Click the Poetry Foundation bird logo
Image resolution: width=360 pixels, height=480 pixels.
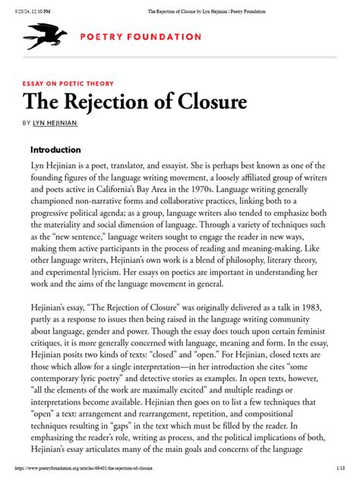(46, 36)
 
